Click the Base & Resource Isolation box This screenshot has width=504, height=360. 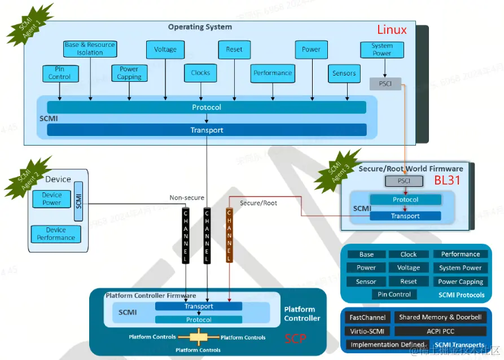(90, 49)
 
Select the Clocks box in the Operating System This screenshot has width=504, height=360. (200, 73)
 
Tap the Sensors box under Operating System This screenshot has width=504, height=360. (344, 73)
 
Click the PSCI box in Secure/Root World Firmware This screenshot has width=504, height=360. (404, 181)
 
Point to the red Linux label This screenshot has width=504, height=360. (392, 30)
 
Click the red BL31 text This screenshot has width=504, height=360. (448, 181)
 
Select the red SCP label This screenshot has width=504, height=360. (295, 338)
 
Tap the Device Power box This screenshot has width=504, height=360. (52, 199)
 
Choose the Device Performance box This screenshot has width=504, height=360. (56, 234)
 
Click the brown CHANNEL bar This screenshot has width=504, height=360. (229, 235)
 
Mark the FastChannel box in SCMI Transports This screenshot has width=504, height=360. (367, 317)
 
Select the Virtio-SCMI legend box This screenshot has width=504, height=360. (367, 331)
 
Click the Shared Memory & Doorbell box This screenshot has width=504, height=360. (440, 317)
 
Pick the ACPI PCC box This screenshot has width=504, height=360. (440, 331)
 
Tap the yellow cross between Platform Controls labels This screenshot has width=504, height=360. (198, 337)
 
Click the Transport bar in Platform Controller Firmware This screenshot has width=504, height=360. (199, 306)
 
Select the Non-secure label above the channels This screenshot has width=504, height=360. (187, 198)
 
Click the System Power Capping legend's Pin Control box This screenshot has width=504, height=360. (395, 295)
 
